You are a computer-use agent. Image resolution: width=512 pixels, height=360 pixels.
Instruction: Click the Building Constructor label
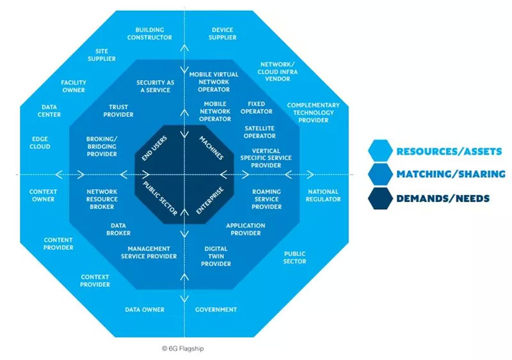click(x=150, y=33)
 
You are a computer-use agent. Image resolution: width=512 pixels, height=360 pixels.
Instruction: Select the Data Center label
click(x=51, y=111)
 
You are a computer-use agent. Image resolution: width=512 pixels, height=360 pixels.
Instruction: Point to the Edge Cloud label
click(x=40, y=143)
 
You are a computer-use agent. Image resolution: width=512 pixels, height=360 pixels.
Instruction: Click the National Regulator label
click(x=324, y=196)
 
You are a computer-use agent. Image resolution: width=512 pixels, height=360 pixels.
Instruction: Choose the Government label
click(x=216, y=309)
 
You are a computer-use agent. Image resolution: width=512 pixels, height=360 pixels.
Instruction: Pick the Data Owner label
click(x=144, y=309)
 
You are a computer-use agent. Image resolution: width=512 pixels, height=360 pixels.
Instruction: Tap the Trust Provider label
click(x=118, y=111)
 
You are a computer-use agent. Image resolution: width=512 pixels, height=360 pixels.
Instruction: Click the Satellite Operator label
click(x=260, y=132)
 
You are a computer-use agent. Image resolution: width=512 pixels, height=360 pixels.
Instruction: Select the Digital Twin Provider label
click(x=216, y=256)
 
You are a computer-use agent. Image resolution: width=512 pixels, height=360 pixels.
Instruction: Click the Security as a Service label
click(x=154, y=86)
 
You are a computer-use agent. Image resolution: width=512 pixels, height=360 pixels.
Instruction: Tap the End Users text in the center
click(x=151, y=150)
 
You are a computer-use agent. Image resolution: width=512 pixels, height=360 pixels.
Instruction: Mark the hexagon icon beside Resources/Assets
click(x=379, y=151)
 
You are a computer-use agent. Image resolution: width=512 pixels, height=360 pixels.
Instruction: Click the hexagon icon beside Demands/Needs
click(x=379, y=198)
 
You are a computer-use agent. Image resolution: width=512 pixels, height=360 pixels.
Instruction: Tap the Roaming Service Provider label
click(x=266, y=199)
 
